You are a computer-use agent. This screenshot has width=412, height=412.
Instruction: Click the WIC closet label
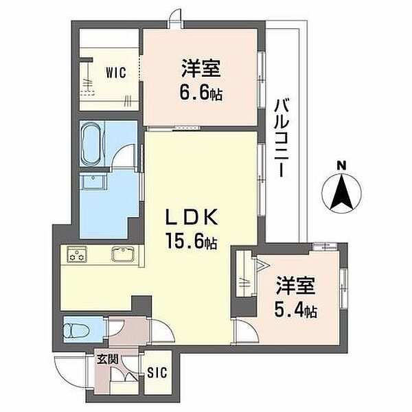(x=116, y=73)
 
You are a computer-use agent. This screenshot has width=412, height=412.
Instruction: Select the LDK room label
(x=192, y=216)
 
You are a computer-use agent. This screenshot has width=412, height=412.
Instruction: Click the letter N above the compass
(x=341, y=165)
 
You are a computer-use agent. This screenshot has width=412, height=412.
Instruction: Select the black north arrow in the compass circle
(x=341, y=192)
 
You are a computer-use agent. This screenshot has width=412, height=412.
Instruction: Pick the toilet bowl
(x=77, y=330)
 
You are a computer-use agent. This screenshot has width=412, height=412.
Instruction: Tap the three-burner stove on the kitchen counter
(x=77, y=254)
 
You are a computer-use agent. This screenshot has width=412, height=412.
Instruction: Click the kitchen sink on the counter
(x=123, y=254)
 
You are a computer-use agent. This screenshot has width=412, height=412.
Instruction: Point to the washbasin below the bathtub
(x=94, y=181)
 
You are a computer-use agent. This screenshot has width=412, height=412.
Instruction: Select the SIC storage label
(x=157, y=372)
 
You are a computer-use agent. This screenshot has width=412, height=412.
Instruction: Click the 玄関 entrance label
(x=107, y=359)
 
